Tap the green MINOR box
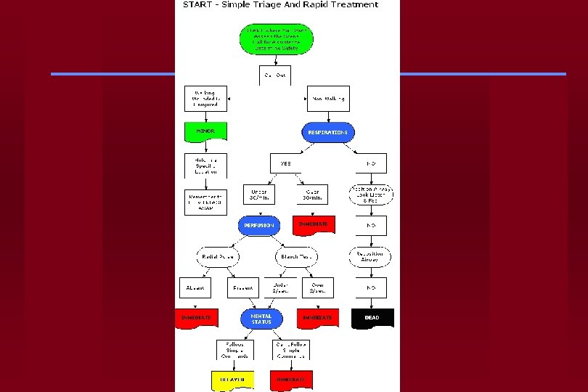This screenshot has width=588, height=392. [x=205, y=132]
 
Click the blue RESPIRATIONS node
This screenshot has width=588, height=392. [x=327, y=132]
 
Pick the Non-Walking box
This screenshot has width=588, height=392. [x=328, y=98]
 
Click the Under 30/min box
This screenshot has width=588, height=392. [x=258, y=195]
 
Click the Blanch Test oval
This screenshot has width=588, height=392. [x=297, y=256]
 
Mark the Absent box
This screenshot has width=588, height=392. [x=194, y=287]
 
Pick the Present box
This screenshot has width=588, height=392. [x=241, y=287]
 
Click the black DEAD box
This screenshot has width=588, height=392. [x=372, y=318]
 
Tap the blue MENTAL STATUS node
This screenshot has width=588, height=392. [x=261, y=319]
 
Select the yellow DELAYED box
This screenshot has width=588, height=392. [x=233, y=379]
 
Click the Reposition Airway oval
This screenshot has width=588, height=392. [x=370, y=256]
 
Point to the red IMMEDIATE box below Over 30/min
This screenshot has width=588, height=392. [x=314, y=225]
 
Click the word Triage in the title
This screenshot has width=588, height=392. [x=271, y=4]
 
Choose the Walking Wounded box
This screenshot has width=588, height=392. [x=205, y=98]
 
